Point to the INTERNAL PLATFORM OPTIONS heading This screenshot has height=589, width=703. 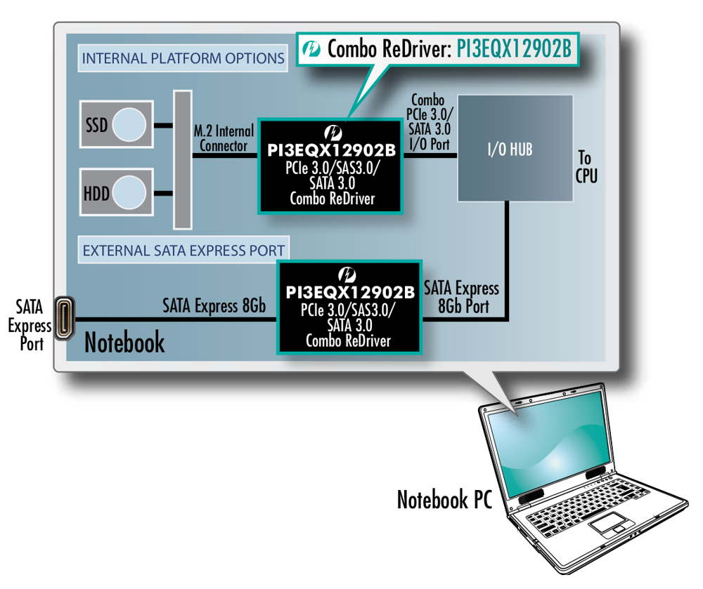click(x=183, y=58)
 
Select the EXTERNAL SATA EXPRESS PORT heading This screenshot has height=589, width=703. click(x=183, y=250)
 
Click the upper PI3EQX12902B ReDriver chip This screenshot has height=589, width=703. click(x=330, y=166)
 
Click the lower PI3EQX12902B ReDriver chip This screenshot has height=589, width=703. click(x=349, y=306)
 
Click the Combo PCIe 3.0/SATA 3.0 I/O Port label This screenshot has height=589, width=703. click(x=431, y=124)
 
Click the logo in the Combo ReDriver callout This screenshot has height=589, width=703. click(x=311, y=49)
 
